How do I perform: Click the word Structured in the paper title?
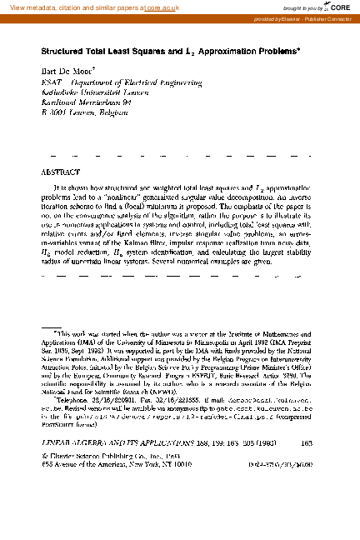point(65,50)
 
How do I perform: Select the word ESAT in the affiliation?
point(51,84)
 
